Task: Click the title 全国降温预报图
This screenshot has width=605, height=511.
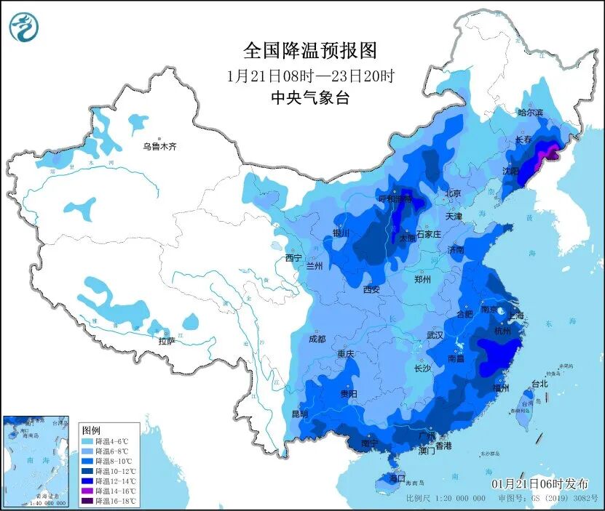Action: tap(310, 50)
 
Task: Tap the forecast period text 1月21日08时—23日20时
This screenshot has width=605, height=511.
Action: tap(310, 75)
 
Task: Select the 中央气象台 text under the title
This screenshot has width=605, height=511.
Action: tap(310, 98)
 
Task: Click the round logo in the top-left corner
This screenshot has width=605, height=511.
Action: tap(24, 28)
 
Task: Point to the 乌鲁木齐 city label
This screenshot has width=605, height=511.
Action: tap(159, 147)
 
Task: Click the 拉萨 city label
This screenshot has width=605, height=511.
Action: tap(167, 341)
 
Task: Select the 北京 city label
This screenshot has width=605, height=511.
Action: tap(453, 194)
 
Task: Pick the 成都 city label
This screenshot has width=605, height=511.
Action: tap(317, 339)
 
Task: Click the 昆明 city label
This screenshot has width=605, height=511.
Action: tap(299, 414)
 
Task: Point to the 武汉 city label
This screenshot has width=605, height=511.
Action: tap(435, 335)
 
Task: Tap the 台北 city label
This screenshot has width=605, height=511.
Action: tap(539, 383)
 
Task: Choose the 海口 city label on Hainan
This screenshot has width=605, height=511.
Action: tap(397, 478)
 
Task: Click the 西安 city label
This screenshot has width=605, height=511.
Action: tap(371, 289)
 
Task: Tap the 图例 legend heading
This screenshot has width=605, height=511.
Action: tap(91, 430)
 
